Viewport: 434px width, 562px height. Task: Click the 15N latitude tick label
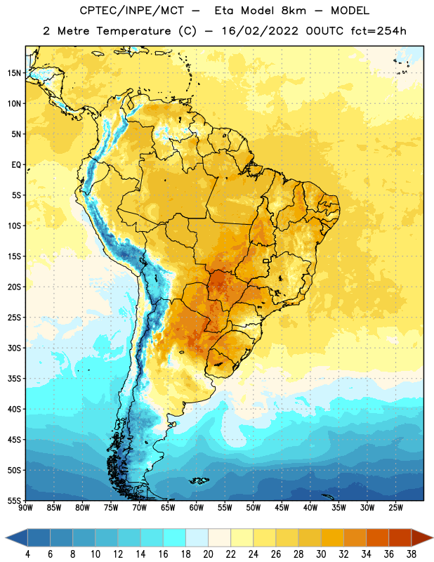(14, 73)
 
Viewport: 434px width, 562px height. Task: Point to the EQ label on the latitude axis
(16, 165)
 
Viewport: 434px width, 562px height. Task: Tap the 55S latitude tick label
(14, 500)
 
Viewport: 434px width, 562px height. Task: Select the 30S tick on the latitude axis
(14, 348)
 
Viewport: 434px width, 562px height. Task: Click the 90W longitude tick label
(25, 508)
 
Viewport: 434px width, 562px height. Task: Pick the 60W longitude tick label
(197, 508)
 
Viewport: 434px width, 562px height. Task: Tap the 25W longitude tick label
(395, 508)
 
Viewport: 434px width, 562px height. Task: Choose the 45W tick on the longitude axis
(282, 508)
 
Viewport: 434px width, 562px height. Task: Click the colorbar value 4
(27, 554)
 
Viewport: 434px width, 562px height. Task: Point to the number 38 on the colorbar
(412, 554)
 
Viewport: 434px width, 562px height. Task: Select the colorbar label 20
(208, 554)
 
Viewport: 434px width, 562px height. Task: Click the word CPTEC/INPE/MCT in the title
(131, 11)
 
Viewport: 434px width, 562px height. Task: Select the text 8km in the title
(294, 11)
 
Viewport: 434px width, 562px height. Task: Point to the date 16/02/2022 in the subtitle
(259, 31)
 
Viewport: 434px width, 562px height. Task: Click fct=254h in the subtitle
(379, 31)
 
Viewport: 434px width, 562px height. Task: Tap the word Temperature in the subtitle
(133, 31)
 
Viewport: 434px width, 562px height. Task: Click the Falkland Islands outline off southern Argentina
(199, 481)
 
